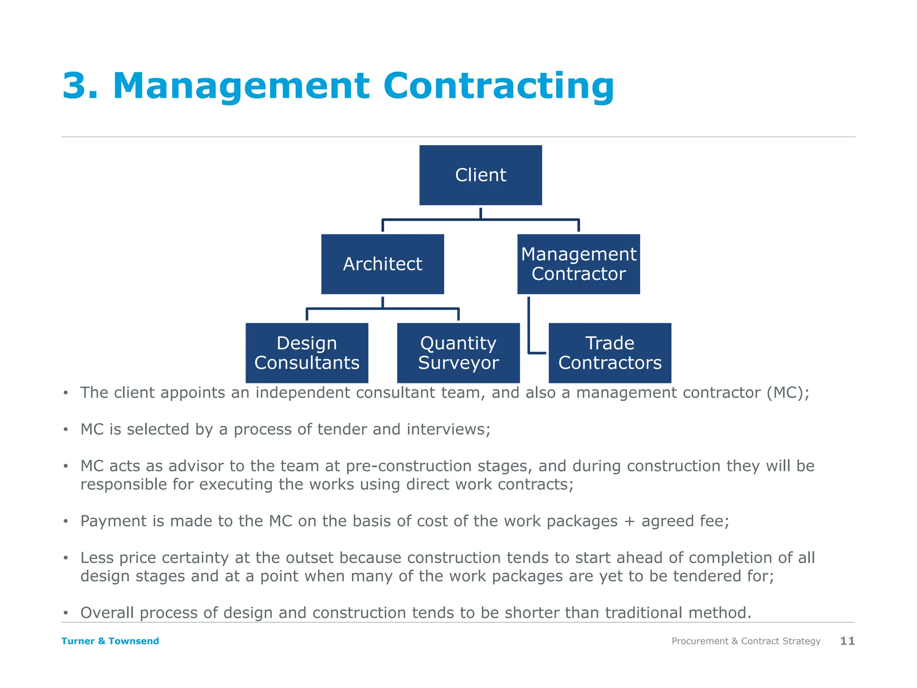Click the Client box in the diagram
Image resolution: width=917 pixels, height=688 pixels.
coord(480,175)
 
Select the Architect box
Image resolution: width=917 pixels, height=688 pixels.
coord(382,264)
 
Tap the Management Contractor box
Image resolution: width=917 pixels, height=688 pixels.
coord(578,264)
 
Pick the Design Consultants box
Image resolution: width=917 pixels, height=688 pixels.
coord(307,353)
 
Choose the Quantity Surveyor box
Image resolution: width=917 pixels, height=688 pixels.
coord(458,353)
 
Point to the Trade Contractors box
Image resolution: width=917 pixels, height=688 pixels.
coord(610,353)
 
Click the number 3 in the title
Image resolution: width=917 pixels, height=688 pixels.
coord(75,86)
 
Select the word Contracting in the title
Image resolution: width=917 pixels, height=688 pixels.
coord(498,86)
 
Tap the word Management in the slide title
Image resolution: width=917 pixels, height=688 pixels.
coord(241,86)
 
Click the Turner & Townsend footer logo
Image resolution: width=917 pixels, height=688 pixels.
coord(110,641)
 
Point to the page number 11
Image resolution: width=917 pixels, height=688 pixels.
coord(847,641)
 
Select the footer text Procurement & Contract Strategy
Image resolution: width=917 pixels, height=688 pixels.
coord(746,641)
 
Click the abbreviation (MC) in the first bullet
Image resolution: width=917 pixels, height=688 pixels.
coord(788,393)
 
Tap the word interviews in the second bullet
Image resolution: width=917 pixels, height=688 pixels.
coord(448,430)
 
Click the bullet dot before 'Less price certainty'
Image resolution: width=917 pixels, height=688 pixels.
coord(66,558)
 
